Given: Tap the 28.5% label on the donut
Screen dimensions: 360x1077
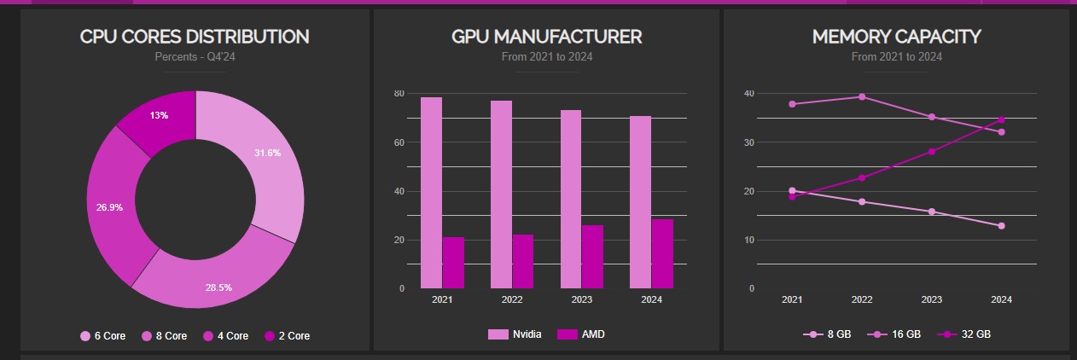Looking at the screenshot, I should click(218, 287).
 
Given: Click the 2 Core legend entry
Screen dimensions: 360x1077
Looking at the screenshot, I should click(288, 336).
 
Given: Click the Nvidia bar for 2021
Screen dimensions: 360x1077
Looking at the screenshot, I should click(431, 193).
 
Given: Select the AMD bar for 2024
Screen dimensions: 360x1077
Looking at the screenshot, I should click(662, 253).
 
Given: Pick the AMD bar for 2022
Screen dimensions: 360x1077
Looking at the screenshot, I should click(522, 261).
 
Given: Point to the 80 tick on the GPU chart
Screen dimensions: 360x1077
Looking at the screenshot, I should click(399, 93).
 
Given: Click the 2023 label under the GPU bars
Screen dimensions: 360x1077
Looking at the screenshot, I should click(582, 299).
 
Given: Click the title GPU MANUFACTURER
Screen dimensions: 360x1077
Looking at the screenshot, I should click(546, 37).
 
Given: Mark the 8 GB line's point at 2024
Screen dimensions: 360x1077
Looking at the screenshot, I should click(1001, 226).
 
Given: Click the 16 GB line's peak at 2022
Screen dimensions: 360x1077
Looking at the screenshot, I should click(862, 96).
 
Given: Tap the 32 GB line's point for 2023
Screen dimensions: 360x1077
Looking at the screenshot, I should click(932, 152).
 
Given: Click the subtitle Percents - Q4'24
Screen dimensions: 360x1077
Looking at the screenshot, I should click(194, 57).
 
